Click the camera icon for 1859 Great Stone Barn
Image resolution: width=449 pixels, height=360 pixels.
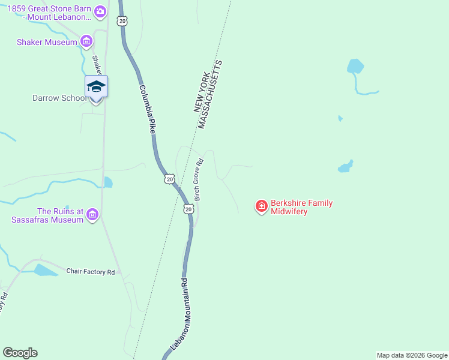pyautogui.click(x=100, y=11)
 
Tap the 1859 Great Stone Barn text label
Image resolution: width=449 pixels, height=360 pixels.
pyautogui.click(x=51, y=13)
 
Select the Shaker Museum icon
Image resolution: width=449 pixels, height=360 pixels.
pyautogui.click(x=86, y=41)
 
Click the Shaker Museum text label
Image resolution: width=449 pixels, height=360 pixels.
pyautogui.click(x=47, y=42)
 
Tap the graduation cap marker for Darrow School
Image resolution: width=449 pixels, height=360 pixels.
pyautogui.click(x=96, y=87)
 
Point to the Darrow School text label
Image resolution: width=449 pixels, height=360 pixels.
pyautogui.click(x=56, y=98)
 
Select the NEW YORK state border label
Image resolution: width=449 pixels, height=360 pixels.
pyautogui.click(x=203, y=89)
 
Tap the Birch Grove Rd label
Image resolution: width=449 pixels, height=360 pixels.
pyautogui.click(x=200, y=179)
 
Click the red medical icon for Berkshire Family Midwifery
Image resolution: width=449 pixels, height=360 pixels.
pyautogui.click(x=261, y=207)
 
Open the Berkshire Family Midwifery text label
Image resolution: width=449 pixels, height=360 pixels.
pyautogui.click(x=301, y=207)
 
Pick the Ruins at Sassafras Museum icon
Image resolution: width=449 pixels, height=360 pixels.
pyautogui.click(x=92, y=215)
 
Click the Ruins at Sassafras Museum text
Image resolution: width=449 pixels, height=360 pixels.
pyautogui.click(x=47, y=215)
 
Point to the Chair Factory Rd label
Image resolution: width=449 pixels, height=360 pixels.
pyautogui.click(x=90, y=272)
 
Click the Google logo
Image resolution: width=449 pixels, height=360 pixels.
pyautogui.click(x=20, y=353)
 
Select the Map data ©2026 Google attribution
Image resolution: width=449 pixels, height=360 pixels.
pyautogui.click(x=411, y=355)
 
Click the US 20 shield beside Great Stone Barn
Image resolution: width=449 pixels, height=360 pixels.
pyautogui.click(x=122, y=21)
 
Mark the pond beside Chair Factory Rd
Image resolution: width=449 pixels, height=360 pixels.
pyautogui.click(x=45, y=270)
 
